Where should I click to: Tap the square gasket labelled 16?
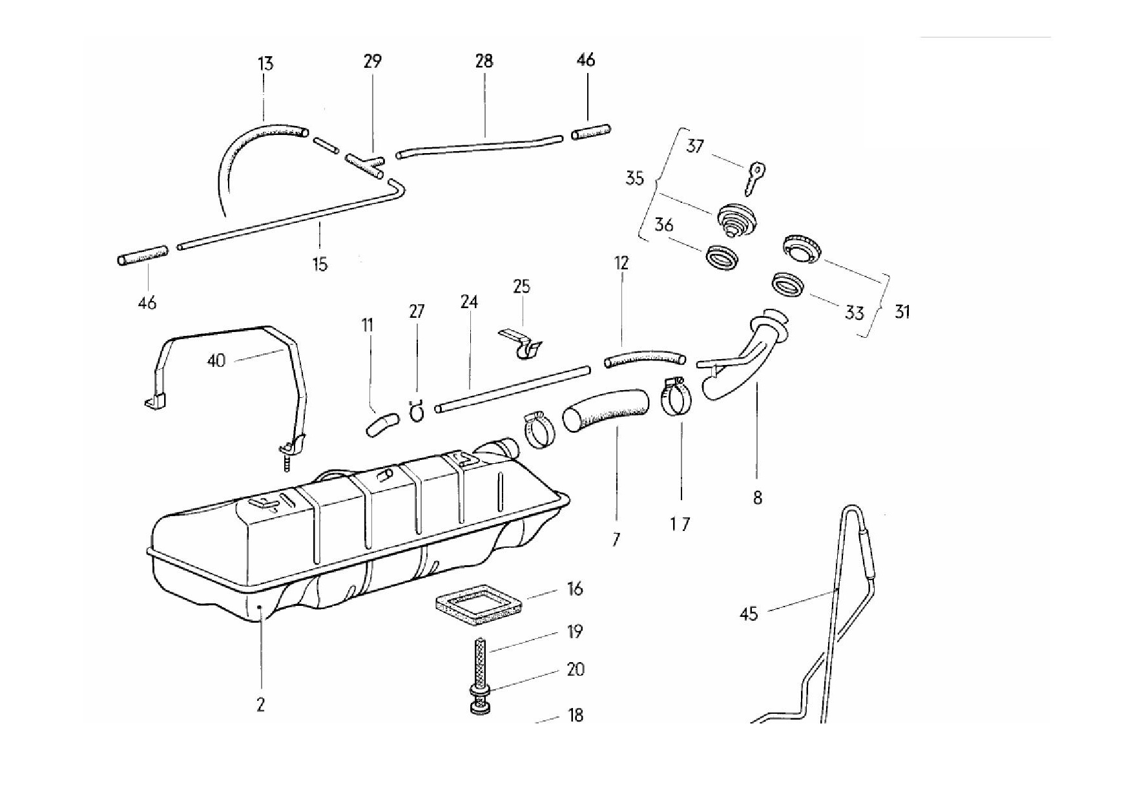(x=477, y=604)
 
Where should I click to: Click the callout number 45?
(x=748, y=614)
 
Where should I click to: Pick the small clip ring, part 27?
(x=416, y=411)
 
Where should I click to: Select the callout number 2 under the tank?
(x=260, y=705)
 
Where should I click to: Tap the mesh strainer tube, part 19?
(x=480, y=662)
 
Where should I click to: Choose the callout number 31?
(x=902, y=312)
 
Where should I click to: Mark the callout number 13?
(x=265, y=63)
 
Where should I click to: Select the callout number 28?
(x=484, y=61)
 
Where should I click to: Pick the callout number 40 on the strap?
(x=216, y=360)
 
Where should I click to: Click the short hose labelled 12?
(x=644, y=359)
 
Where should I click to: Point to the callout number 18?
(x=575, y=715)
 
